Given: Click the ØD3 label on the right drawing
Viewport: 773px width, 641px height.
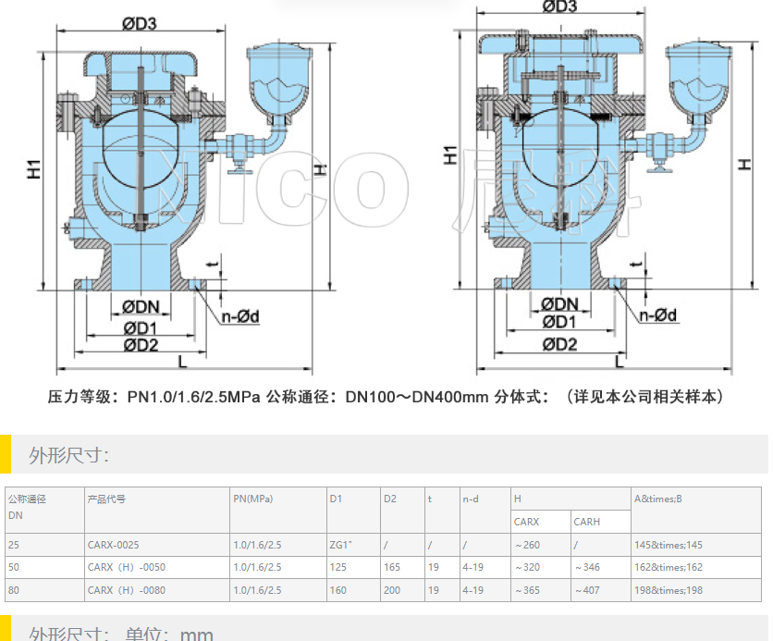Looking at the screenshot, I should (559, 7).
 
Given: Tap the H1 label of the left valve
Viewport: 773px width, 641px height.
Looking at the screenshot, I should (34, 168).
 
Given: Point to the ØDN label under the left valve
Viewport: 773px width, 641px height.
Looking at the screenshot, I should (141, 307).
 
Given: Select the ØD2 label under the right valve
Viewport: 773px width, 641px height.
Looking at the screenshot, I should (559, 344).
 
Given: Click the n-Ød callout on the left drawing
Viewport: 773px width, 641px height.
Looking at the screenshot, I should (239, 316).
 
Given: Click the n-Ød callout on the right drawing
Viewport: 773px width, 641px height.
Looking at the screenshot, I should (658, 315).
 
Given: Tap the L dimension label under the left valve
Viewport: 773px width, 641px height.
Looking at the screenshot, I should (181, 361).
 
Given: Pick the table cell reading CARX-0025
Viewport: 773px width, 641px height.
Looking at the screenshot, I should (114, 545).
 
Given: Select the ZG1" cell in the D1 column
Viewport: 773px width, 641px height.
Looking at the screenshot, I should (341, 545).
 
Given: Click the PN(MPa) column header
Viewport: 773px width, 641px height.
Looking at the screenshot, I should (253, 499).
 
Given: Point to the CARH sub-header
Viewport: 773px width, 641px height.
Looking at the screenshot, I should (587, 522).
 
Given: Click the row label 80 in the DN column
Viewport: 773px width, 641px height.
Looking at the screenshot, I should (14, 590).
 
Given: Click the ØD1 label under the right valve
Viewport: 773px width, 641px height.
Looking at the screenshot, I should (559, 323).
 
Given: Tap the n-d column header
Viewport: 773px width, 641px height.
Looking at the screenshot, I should (471, 499).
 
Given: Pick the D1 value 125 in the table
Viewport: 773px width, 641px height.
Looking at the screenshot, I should (337, 567).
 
